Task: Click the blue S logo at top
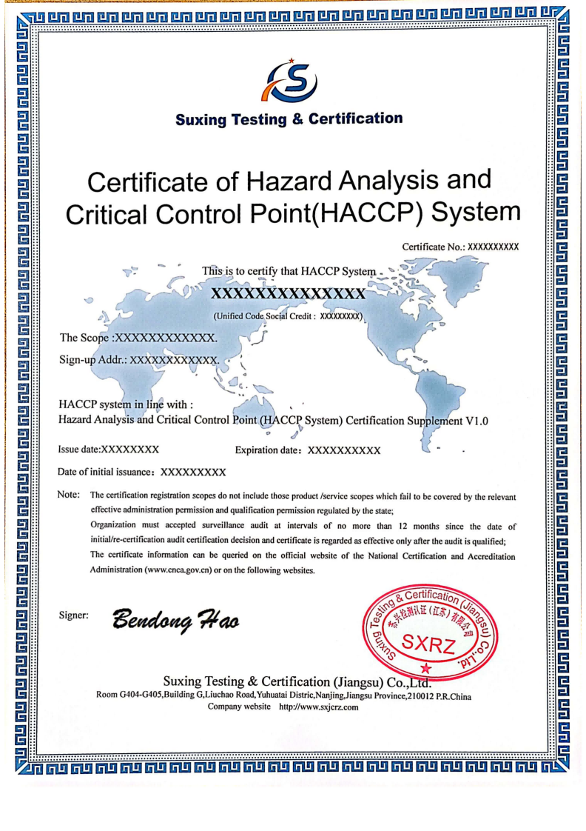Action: (x=292, y=82)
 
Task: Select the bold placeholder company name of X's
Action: (x=289, y=295)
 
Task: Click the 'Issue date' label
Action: (x=78, y=450)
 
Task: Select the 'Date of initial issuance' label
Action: (x=106, y=472)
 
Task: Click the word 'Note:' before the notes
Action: (x=69, y=495)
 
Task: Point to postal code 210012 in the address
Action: (x=422, y=696)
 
